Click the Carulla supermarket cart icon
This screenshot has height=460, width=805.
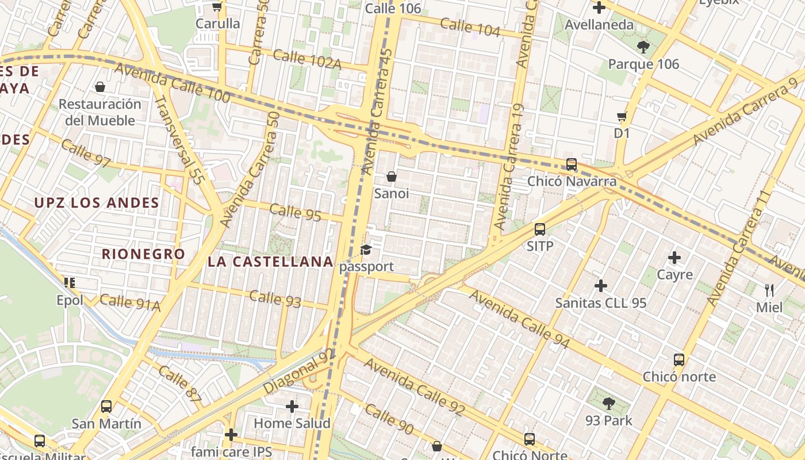(x=217, y=7)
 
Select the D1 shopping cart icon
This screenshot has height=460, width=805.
(x=622, y=117)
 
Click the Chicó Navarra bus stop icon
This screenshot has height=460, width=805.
(x=571, y=164)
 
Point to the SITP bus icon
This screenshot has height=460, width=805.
(x=540, y=229)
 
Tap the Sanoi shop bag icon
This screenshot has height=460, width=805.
(x=392, y=177)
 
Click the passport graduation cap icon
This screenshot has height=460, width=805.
(x=366, y=250)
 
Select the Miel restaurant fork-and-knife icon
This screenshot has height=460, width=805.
(x=769, y=290)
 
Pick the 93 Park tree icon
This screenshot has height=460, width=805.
(x=609, y=404)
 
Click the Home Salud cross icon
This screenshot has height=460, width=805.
(x=292, y=407)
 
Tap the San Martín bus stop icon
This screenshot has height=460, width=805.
(x=106, y=407)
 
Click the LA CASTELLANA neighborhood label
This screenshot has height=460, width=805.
(x=270, y=262)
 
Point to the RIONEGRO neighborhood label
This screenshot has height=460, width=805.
(x=143, y=254)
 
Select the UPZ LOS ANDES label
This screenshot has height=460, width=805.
(x=97, y=203)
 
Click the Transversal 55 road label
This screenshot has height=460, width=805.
(x=179, y=140)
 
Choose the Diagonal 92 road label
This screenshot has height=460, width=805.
(x=298, y=372)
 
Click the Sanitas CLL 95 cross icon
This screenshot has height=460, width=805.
(x=601, y=285)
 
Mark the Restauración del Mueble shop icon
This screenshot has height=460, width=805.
(x=100, y=87)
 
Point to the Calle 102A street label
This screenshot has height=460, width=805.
(x=306, y=59)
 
